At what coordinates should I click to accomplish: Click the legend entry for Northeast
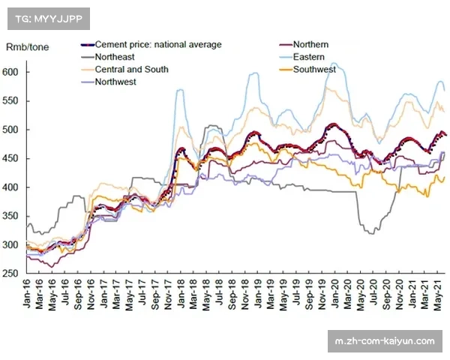[x=115, y=57]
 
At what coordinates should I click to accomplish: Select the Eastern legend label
[x=308, y=57]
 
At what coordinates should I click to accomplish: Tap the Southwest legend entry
[x=314, y=70]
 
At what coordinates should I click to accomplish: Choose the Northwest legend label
[x=115, y=82]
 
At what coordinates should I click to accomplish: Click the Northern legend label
[x=310, y=45]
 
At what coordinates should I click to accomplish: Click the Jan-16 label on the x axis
[x=29, y=294]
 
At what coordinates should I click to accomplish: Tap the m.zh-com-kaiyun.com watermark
[x=385, y=341]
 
